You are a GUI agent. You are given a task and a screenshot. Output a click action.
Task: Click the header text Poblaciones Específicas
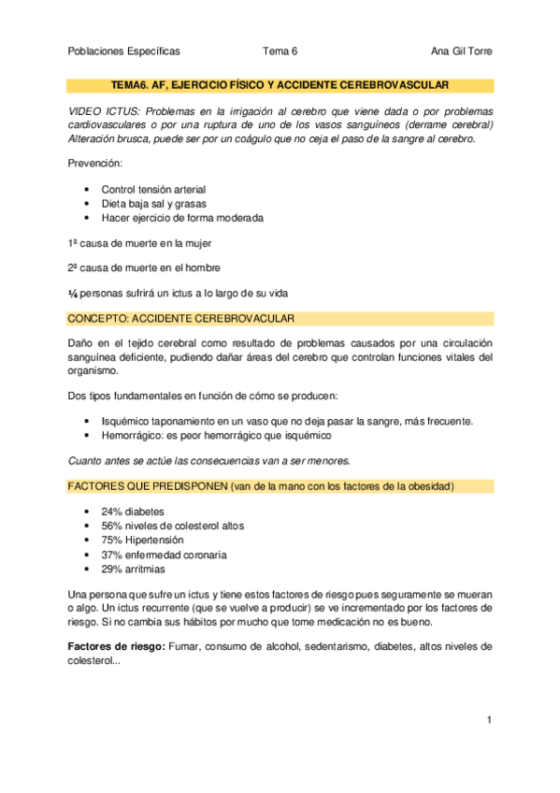click(x=124, y=51)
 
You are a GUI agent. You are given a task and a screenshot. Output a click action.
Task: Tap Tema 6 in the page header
click(x=280, y=51)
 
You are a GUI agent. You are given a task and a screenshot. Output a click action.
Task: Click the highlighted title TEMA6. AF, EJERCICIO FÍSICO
click(x=280, y=85)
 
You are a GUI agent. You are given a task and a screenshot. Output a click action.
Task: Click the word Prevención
click(x=95, y=164)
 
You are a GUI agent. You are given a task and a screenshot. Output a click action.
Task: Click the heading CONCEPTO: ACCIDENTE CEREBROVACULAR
click(x=182, y=318)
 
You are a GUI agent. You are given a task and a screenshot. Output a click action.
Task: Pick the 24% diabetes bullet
click(x=132, y=512)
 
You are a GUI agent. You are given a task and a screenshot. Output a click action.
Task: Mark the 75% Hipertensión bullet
click(x=142, y=540)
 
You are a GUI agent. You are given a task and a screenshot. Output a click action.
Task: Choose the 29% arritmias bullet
click(x=134, y=568)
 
